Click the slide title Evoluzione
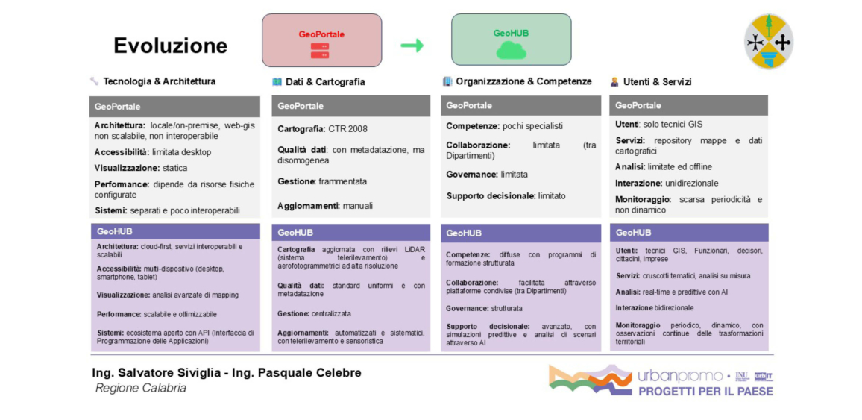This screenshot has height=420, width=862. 170,46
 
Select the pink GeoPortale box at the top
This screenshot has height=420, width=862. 321,40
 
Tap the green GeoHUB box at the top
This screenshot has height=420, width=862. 511,40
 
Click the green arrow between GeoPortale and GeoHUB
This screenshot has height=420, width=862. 412,46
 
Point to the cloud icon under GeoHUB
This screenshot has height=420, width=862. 511,50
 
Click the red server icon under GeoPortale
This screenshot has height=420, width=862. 320,51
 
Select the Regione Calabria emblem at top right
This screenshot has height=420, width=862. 768,42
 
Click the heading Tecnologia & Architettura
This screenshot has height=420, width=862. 159,81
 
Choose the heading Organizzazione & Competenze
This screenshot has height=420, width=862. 523,81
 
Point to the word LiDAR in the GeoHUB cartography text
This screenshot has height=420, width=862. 414,249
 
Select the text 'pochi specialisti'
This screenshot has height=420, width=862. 532,126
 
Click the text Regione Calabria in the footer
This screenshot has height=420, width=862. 141,388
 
